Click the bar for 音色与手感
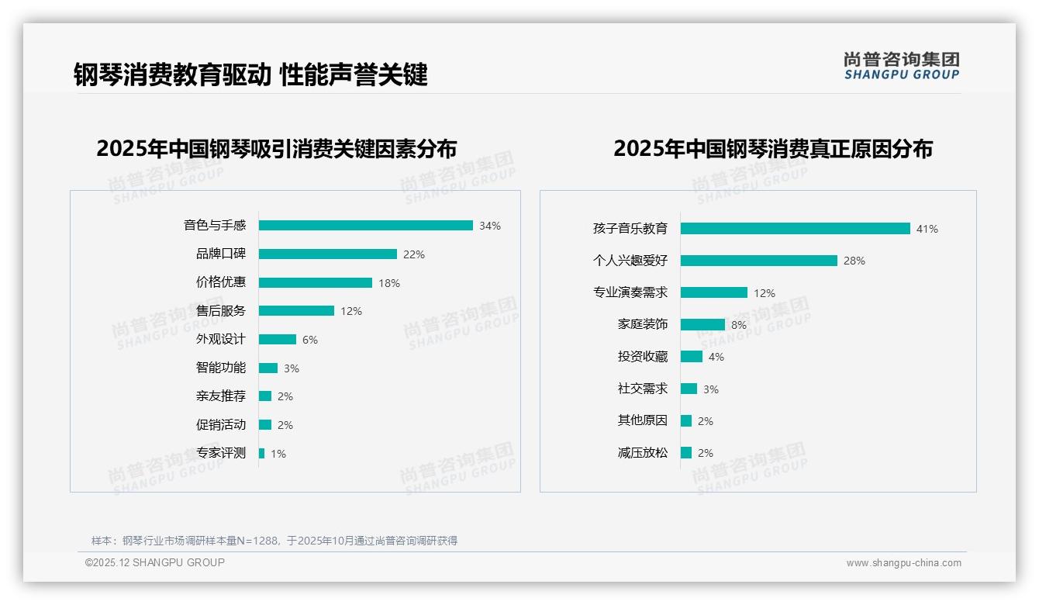365,226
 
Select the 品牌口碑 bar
327,254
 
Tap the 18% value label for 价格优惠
389,283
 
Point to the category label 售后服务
221,311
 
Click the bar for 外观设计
278,340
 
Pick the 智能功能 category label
221,368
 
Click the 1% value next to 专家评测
278,454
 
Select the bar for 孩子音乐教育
795,229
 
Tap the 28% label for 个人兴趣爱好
854,261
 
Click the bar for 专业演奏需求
714,293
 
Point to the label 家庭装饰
643,325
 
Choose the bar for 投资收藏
692,357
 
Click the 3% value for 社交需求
711,389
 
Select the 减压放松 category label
643,453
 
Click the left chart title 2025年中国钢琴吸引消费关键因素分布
277,148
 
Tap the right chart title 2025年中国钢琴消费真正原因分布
773,148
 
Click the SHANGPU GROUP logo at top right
902,66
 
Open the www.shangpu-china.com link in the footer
903,563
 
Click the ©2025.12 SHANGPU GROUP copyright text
155,562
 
